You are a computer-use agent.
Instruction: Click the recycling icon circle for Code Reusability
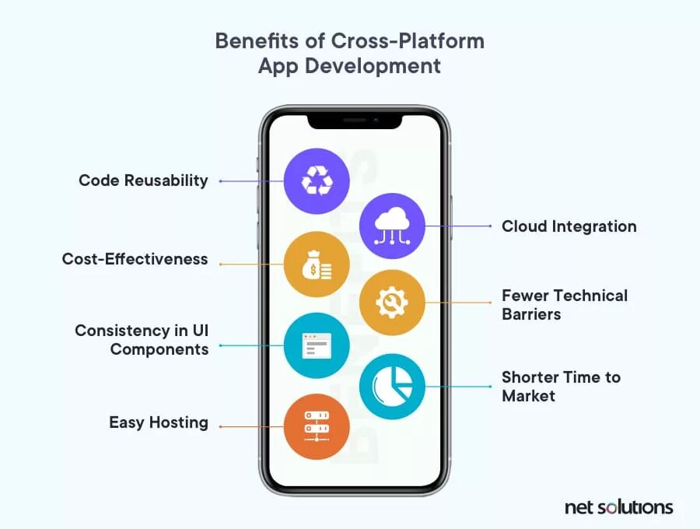click(317, 181)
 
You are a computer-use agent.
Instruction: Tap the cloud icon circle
click(392, 226)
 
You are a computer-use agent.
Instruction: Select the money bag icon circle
click(317, 264)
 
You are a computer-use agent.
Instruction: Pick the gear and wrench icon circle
click(392, 302)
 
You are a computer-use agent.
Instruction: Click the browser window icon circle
click(317, 345)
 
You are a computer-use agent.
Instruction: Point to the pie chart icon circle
click(392, 386)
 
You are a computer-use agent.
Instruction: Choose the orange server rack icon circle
click(317, 426)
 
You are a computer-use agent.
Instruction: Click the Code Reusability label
click(143, 180)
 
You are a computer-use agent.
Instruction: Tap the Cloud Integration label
click(569, 226)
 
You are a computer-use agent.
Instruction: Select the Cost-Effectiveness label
click(135, 259)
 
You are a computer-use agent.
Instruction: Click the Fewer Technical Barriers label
click(564, 305)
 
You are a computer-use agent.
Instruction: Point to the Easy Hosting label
click(159, 422)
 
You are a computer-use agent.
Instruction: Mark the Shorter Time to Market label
click(561, 386)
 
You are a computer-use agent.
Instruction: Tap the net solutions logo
click(618, 507)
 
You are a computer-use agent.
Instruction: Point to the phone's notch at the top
click(355, 121)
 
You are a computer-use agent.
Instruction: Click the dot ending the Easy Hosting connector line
click(221, 426)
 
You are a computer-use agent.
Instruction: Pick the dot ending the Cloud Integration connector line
click(491, 226)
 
